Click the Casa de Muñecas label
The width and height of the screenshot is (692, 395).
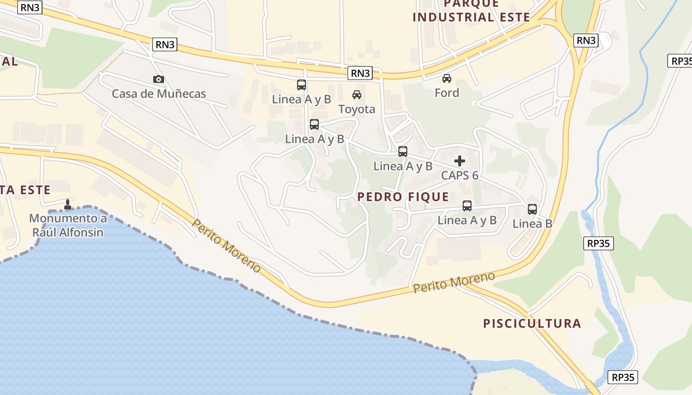point(159,93)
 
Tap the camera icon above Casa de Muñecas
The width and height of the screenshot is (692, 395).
point(158,79)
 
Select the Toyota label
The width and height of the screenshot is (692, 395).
point(356,109)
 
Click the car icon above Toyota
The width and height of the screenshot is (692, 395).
point(356,95)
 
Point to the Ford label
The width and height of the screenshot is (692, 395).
point(446,93)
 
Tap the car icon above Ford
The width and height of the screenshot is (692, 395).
point(446,79)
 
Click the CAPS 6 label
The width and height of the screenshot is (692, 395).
point(460,175)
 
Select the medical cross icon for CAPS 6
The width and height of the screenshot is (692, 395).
point(460,161)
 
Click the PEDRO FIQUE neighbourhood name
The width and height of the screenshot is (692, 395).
point(403,197)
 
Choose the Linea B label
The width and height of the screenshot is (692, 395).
point(532,224)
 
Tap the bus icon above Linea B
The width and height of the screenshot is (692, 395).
point(532,209)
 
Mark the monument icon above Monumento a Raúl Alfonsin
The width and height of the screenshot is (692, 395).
point(68,204)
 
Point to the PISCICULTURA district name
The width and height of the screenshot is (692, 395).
point(532,323)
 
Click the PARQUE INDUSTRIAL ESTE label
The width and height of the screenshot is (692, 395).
point(471,11)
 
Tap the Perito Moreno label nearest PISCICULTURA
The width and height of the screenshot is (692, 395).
point(454,282)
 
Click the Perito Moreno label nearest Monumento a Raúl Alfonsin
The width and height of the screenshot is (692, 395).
point(226,246)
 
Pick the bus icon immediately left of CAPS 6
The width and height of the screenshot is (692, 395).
point(403,152)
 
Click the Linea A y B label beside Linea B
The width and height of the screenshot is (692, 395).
point(467,220)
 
